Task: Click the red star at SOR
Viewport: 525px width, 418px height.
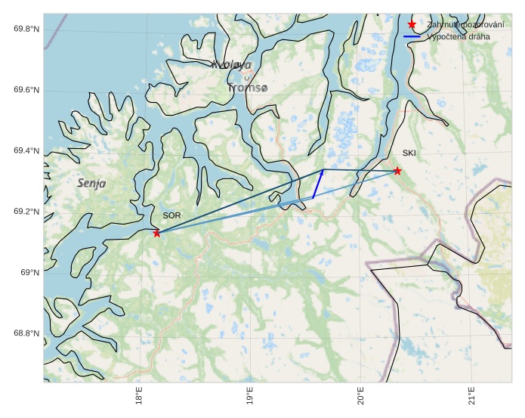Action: point(156,233)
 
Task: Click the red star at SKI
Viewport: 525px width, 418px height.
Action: point(397,171)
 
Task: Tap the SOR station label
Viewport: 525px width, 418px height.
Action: point(171,215)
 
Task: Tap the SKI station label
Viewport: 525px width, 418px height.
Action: point(409,153)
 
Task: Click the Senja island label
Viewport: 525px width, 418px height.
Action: point(91,183)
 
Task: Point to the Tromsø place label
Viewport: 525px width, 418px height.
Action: point(247,88)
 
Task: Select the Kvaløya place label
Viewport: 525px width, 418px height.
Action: point(231,65)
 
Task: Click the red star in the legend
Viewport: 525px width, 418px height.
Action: point(412,25)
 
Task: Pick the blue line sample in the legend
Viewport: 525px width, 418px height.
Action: point(412,36)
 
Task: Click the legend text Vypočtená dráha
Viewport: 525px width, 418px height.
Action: point(458,36)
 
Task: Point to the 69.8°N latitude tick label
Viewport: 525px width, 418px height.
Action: point(26,29)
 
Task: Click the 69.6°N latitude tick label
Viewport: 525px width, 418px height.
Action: point(26,90)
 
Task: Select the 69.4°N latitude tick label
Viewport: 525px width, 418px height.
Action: point(26,151)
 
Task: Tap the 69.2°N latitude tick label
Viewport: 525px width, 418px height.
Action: point(26,212)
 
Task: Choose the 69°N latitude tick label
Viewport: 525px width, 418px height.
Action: point(29,273)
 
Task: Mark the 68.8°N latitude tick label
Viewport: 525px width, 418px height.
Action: point(26,333)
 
